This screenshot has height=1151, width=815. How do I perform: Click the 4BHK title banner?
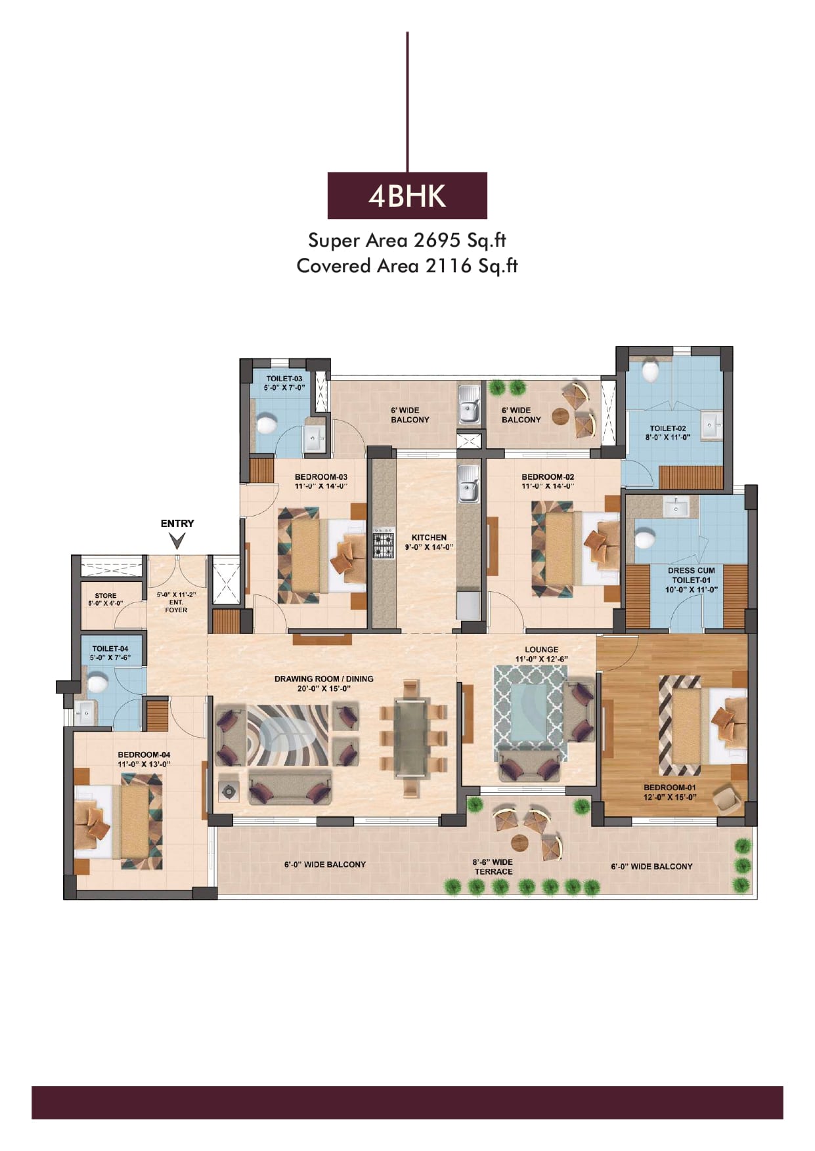[x=407, y=196]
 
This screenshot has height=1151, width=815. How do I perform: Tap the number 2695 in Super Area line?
[x=437, y=240]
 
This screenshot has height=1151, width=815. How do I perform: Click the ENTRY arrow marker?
[x=177, y=541]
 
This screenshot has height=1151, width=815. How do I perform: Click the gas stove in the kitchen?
[x=384, y=543]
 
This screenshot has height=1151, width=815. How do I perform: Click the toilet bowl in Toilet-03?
[x=265, y=424]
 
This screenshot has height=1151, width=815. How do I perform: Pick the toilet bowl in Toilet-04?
[x=97, y=684]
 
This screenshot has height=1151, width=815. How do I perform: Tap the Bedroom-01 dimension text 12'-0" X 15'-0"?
[x=670, y=797]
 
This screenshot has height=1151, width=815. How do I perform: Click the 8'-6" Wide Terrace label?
[x=493, y=867]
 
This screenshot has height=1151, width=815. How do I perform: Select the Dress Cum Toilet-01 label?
[x=692, y=580]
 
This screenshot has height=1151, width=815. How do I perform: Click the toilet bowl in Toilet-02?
[x=650, y=371]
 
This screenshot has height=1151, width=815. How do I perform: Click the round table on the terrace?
[x=521, y=842]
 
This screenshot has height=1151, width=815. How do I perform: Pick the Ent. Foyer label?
[x=176, y=602]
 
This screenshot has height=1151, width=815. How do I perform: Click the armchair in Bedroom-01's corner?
[x=727, y=798]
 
